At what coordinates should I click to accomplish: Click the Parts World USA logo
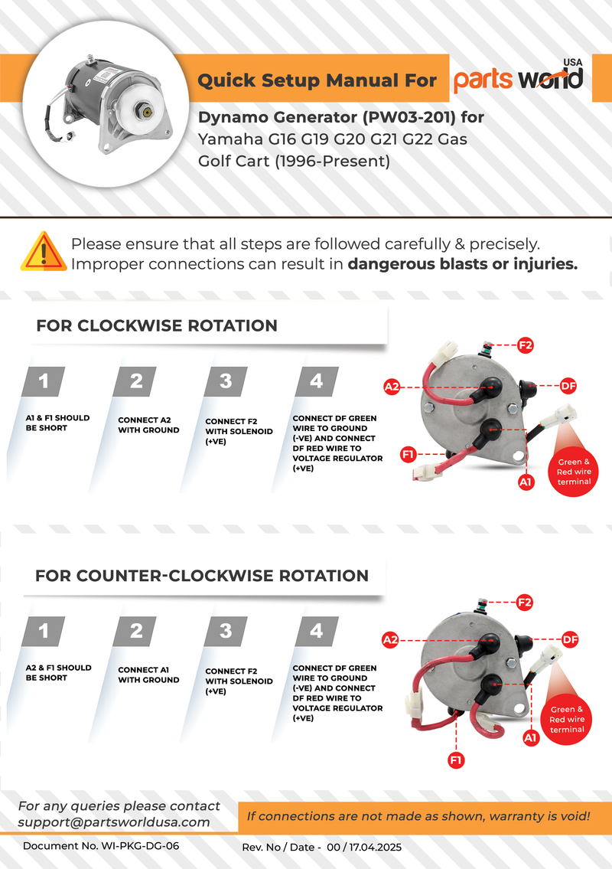[518, 79]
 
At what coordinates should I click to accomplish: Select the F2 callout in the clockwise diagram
[526, 345]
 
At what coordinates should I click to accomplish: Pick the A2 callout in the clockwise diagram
[392, 387]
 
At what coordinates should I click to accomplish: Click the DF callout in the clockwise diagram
[568, 385]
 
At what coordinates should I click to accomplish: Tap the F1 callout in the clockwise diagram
[409, 456]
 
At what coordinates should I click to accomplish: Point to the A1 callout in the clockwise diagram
[526, 482]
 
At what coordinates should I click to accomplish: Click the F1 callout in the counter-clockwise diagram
[456, 760]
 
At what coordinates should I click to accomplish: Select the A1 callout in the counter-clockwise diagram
[530, 738]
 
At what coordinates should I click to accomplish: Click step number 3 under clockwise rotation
[226, 381]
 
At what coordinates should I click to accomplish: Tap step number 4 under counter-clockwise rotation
[316, 631]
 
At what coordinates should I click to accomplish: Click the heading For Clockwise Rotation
[157, 325]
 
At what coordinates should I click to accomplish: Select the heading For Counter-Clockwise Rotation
[202, 576]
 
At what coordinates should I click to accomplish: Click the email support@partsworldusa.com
[114, 822]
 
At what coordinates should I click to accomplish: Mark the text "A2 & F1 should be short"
[58, 672]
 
